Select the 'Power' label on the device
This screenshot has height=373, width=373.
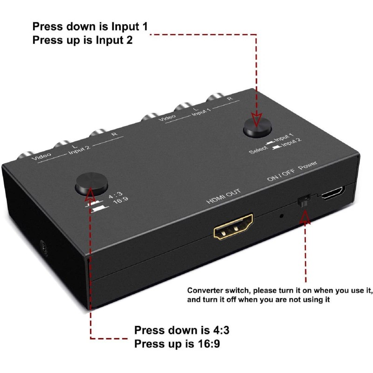pyautogui.click(x=308, y=165)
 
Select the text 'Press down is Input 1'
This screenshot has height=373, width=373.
pyautogui.click(x=90, y=26)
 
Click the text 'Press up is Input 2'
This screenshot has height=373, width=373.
pyautogui.click(x=82, y=40)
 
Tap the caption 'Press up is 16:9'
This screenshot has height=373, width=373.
pyautogui.click(x=177, y=345)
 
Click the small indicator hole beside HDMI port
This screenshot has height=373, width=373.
pyautogui.click(x=281, y=215)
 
